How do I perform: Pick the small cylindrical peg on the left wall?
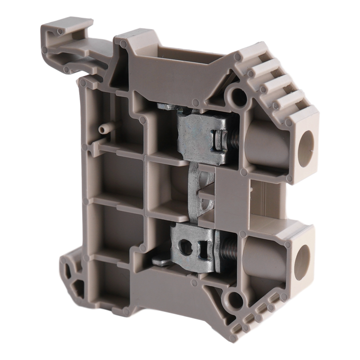pyautogui.click(x=103, y=129)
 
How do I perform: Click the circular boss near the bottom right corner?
pyautogui.click(x=231, y=300)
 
